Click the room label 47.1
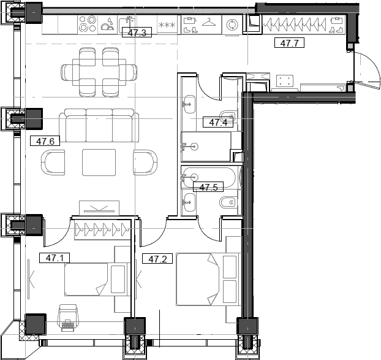[55, 258]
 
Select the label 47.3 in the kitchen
[136, 33]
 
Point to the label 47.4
[218, 122]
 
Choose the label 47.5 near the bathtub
[208, 187]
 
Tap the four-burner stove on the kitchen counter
[87, 24]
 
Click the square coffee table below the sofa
[99, 162]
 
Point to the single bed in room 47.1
[97, 280]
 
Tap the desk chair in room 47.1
[67, 316]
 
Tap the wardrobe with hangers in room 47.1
[103, 230]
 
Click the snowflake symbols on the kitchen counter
[166, 25]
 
